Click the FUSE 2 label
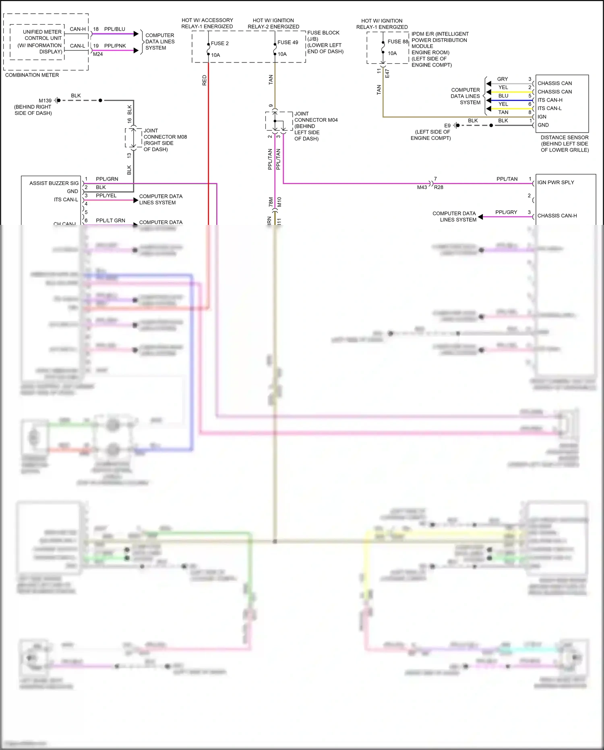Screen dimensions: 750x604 tap(219, 44)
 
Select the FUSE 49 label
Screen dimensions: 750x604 tap(288, 42)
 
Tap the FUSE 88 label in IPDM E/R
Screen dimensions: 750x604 tap(397, 42)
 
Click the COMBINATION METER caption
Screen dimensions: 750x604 tap(32, 75)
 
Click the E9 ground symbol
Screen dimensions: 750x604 tap(457, 125)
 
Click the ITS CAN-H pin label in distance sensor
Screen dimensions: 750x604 tap(550, 100)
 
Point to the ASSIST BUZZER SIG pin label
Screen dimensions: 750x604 tap(54, 183)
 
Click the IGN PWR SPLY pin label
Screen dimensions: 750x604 tap(555, 182)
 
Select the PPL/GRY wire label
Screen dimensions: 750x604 tap(506, 212)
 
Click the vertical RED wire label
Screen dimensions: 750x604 tap(205, 80)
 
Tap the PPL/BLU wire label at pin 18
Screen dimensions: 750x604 tap(114, 29)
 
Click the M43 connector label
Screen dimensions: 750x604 tap(422, 187)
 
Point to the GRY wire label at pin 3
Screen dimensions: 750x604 tap(502, 79)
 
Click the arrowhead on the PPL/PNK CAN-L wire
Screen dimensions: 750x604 tap(136, 50)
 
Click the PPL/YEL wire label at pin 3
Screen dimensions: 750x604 tap(106, 195)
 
